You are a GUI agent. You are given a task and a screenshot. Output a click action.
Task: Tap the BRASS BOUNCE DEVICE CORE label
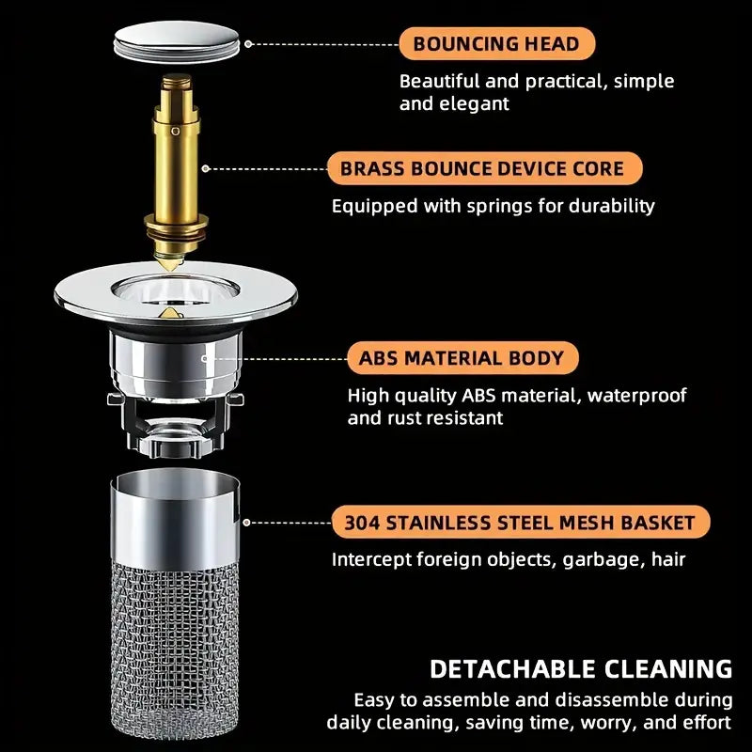tap(484, 169)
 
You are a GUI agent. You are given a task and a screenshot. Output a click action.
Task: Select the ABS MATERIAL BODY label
tap(461, 358)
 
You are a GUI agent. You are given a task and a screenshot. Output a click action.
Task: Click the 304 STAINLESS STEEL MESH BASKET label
tap(520, 523)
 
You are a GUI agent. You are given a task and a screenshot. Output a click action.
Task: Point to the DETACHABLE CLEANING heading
tap(581, 668)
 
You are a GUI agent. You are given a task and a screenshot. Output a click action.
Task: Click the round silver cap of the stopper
tap(174, 43)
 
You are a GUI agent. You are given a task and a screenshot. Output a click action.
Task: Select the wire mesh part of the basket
tap(176, 639)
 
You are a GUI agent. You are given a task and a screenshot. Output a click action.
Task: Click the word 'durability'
tap(608, 205)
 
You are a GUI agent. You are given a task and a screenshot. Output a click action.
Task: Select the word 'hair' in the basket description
tap(667, 559)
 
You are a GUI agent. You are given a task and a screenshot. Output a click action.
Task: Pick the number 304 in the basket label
tap(362, 523)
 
